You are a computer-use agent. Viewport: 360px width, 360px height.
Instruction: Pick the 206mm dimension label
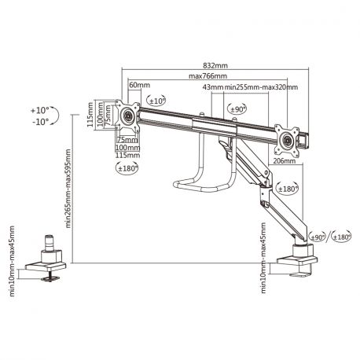(285, 160)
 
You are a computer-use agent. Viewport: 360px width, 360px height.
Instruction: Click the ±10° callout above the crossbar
(156, 101)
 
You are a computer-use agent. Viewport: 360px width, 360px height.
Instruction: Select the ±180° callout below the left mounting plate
(127, 167)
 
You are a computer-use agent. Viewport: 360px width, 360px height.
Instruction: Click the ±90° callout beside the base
(318, 236)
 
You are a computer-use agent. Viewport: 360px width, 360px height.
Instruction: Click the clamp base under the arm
(301, 257)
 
